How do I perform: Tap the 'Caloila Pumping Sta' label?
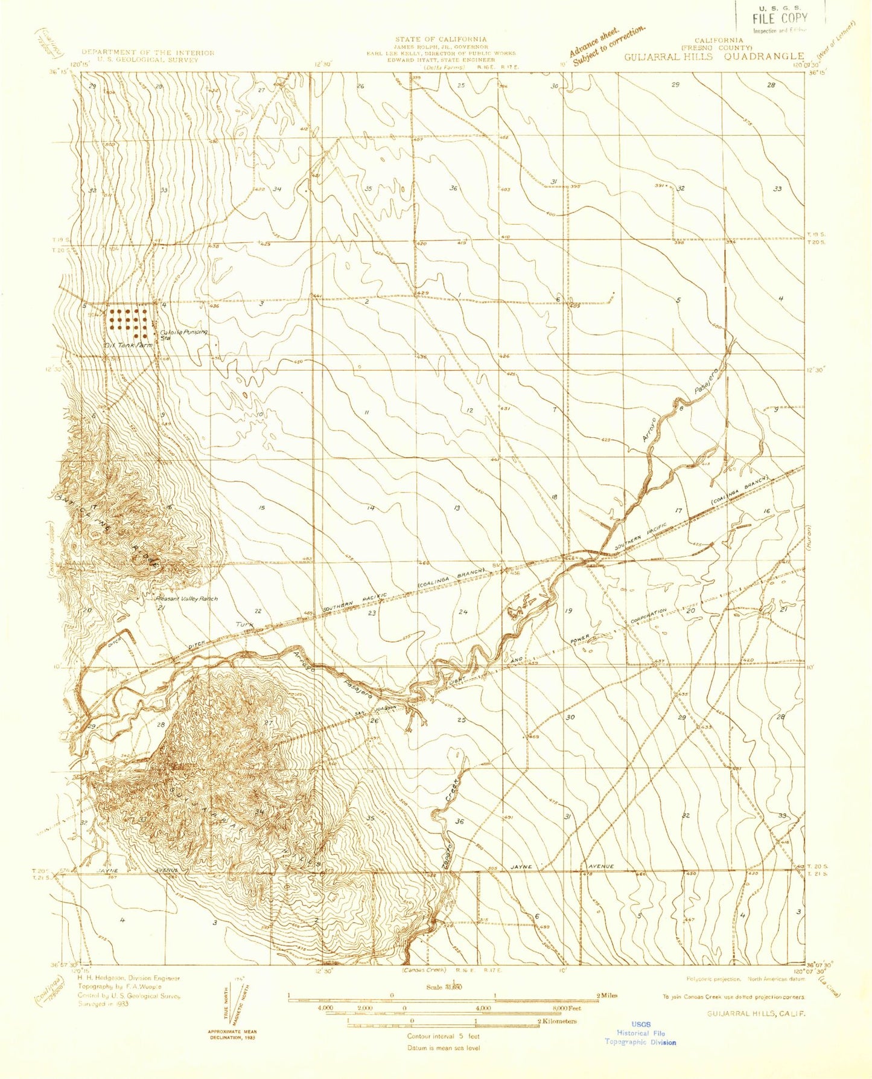[x=183, y=334]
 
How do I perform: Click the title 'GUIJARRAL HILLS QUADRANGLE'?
[x=714, y=57]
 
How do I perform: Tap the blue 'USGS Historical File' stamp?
[x=640, y=1033]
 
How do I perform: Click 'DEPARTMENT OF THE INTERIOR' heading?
[x=148, y=53]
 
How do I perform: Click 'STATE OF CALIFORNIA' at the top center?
[x=441, y=39]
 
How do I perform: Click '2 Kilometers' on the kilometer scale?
[x=556, y=1021]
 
